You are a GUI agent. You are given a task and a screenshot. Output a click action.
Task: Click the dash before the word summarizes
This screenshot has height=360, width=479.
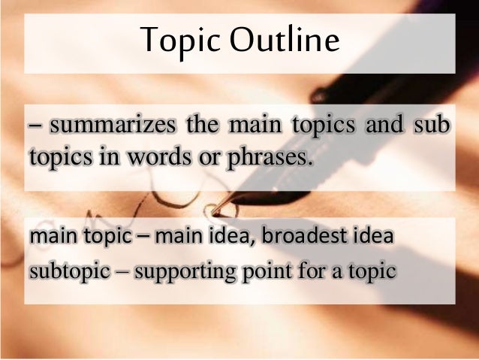[x=35, y=126]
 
